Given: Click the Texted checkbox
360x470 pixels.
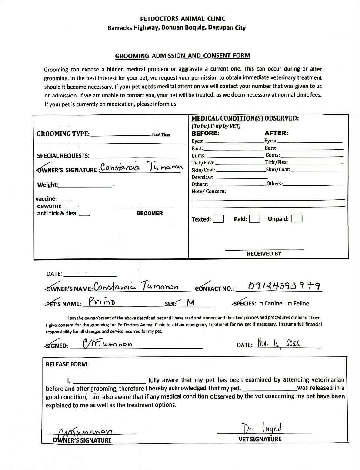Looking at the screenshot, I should tap(219, 219).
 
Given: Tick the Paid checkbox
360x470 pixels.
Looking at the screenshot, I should tap(255, 219).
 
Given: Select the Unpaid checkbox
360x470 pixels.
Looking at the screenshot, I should tap(297, 219).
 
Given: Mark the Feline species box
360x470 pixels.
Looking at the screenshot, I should tap(290, 304).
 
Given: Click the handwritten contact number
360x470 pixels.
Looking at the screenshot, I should tap(285, 286).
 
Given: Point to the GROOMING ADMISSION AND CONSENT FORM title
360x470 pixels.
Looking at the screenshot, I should tap(183, 56).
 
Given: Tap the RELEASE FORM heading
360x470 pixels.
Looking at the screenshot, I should tap(67, 364).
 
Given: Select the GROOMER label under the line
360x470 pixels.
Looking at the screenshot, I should tap(150, 213).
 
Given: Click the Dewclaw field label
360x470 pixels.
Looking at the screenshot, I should tap(202, 177).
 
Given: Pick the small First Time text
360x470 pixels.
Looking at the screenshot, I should tap(161, 134).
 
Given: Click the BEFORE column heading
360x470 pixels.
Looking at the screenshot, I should tap(206, 134).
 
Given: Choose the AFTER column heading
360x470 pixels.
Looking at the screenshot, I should tap(276, 134).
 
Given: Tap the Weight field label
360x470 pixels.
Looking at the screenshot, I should tap(47, 185).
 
